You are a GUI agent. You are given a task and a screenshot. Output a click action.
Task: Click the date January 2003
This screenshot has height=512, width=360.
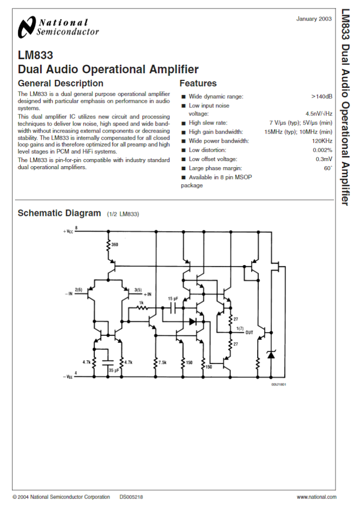tap(314, 19)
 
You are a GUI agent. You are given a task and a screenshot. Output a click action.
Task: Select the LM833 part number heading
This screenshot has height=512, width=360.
tap(35, 55)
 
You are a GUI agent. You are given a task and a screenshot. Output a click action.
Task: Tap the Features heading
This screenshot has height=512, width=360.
tap(198, 83)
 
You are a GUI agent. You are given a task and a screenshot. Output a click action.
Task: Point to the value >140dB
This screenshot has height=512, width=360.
tap(322, 96)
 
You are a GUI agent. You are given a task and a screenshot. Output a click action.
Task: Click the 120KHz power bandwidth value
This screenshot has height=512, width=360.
tap(322, 141)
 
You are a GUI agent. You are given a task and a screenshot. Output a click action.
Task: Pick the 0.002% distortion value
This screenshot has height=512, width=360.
tap(322, 150)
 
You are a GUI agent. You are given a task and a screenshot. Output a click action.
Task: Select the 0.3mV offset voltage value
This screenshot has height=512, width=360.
tap(324, 159)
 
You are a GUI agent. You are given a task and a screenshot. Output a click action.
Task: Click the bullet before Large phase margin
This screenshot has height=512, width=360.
tap(184, 169)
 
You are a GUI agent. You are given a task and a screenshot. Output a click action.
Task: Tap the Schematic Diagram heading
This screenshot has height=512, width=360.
tap(59, 213)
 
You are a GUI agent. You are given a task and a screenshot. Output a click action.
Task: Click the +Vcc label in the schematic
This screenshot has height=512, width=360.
tap(68, 231)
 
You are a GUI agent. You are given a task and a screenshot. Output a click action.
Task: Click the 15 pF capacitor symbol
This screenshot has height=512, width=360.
tap(173, 308)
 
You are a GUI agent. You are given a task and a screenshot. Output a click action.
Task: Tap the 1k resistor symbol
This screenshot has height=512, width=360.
tap(142, 308)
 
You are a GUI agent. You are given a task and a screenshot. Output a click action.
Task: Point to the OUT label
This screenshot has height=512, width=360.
tap(249, 332)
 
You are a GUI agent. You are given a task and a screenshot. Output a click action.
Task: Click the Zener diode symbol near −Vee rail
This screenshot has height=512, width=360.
tap(271, 354)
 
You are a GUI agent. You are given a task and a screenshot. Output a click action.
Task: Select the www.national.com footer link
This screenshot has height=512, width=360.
tap(316, 497)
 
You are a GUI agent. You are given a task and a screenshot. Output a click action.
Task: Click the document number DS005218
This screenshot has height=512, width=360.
tap(131, 497)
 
